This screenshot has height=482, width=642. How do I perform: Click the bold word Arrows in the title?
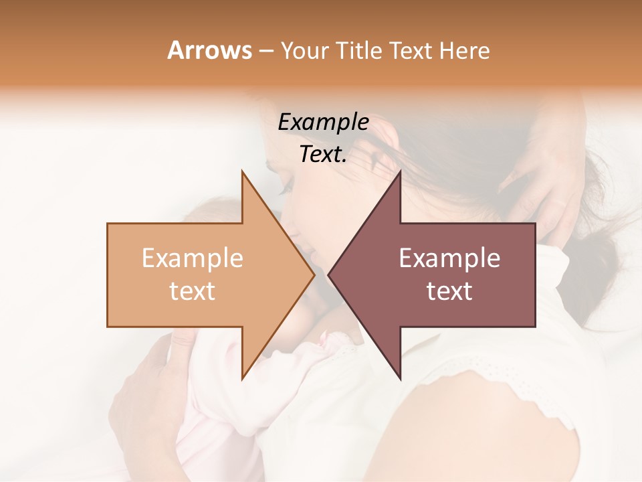[209, 50]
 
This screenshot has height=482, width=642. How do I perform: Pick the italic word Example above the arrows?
[323, 122]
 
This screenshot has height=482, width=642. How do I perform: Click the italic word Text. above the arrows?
[323, 155]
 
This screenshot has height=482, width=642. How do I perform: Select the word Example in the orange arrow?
[193, 258]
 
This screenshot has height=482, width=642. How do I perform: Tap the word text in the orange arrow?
[193, 291]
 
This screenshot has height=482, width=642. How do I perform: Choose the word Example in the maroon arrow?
[449, 258]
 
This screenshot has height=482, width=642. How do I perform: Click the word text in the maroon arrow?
[449, 291]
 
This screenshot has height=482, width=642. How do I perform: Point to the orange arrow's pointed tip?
[311, 274]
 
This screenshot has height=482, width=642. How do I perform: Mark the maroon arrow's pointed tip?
[332, 274]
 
